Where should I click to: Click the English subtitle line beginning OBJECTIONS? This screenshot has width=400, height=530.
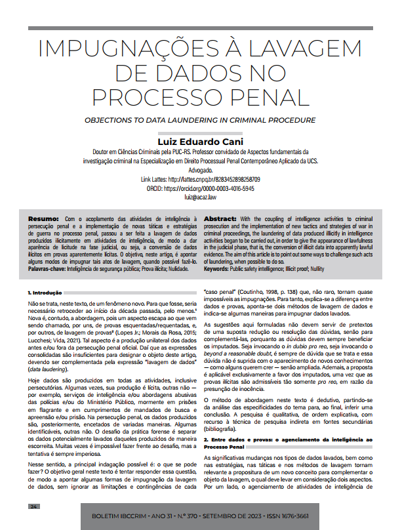(x=200, y=121)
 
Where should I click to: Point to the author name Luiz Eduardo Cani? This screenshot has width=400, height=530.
(x=200, y=140)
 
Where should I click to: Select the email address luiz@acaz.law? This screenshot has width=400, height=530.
(x=200, y=197)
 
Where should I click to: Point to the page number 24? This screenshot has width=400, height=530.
(x=35, y=506)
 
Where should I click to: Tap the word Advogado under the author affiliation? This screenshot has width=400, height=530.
(x=200, y=169)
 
